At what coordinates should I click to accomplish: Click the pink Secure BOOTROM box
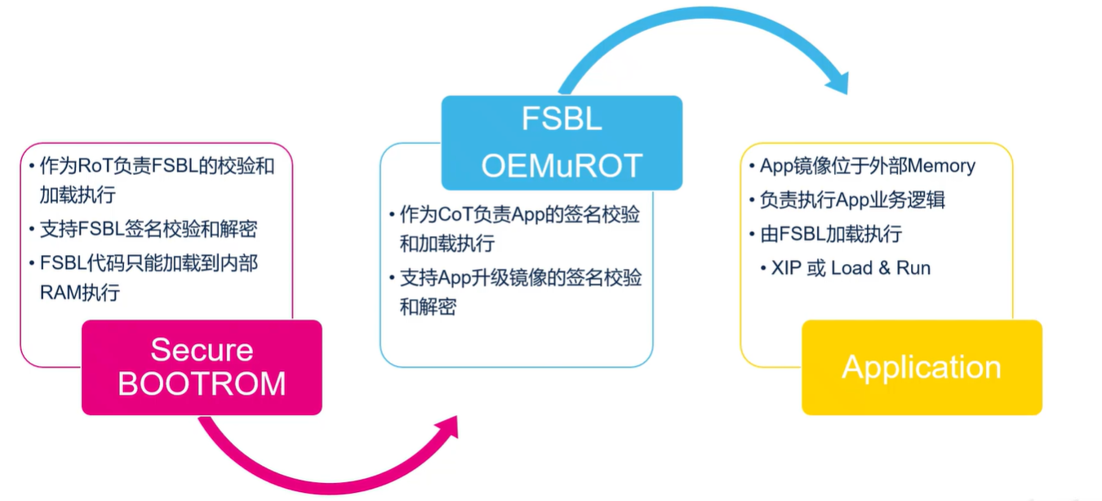(202, 367)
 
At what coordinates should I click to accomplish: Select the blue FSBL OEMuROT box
(562, 143)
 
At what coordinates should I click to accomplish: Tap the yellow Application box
(922, 367)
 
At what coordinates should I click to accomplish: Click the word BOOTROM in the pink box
(202, 384)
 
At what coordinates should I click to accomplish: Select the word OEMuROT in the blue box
(562, 165)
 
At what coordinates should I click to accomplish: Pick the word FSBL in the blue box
(562, 119)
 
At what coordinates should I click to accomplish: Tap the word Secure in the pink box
(202, 350)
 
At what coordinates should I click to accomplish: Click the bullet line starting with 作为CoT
(519, 215)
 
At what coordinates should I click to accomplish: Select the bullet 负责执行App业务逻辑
(852, 199)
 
